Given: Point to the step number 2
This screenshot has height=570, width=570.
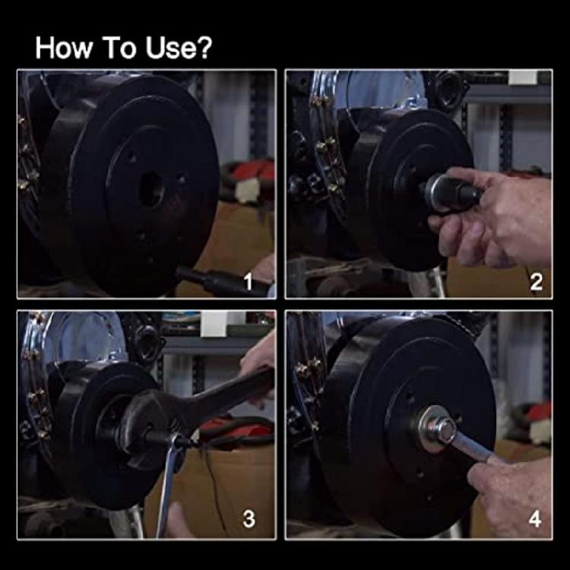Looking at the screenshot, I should (536, 283).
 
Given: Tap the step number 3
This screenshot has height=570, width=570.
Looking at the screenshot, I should (249, 520).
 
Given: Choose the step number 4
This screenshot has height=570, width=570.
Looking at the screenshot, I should (535, 520).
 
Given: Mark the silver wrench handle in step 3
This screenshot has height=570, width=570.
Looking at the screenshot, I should (169, 486).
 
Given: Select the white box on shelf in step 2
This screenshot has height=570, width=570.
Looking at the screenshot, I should (523, 77).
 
